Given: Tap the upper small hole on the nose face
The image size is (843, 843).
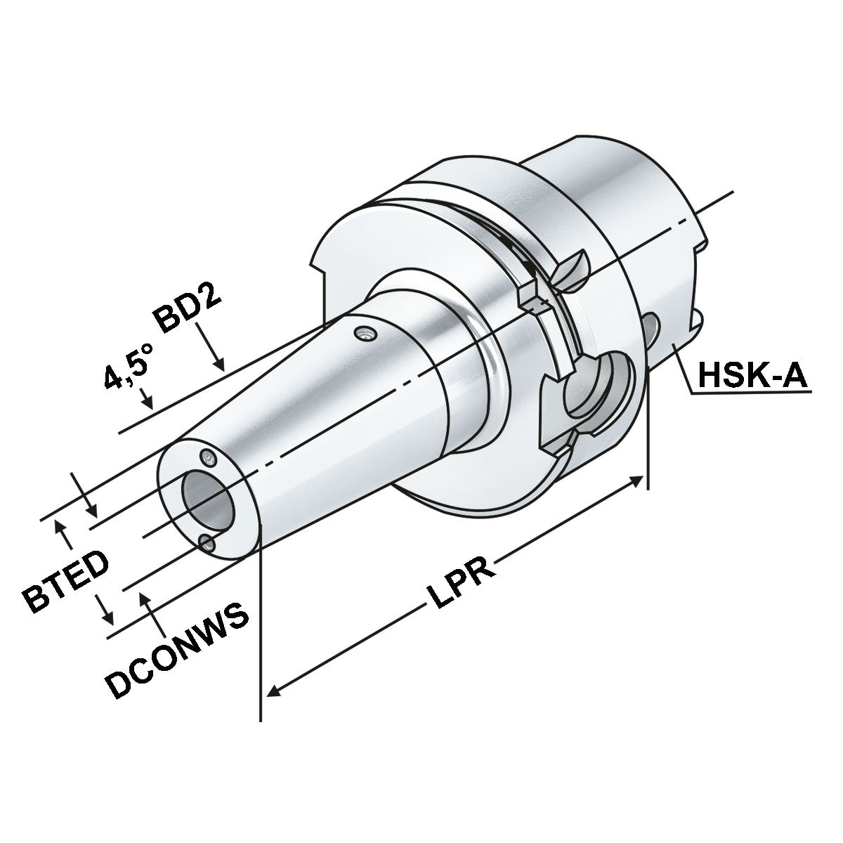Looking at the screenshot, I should click(x=208, y=458).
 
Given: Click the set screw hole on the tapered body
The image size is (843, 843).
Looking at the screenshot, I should click(x=365, y=334).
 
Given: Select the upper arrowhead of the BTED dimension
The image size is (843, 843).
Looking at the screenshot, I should click(x=64, y=527).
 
